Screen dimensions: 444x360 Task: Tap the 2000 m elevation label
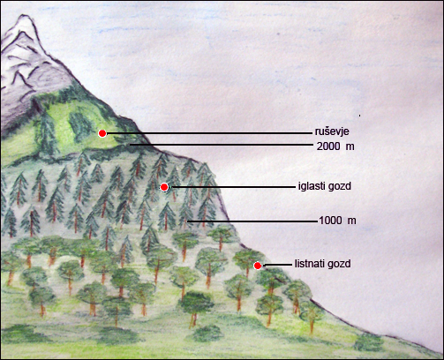[335, 146]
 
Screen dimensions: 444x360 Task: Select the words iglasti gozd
[325, 186]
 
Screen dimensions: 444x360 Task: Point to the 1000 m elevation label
[337, 221]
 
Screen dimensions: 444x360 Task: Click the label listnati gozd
[323, 264]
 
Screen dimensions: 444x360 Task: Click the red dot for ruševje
[102, 133]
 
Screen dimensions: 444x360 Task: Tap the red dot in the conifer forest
[164, 187]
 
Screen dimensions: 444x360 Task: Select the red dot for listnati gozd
[258, 266]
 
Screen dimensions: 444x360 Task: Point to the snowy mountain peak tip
[24, 16]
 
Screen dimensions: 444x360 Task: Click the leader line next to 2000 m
[222, 145]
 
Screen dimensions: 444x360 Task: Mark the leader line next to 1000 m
[253, 221]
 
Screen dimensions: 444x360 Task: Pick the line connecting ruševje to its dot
[209, 133]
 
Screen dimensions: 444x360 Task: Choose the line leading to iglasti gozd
[231, 187]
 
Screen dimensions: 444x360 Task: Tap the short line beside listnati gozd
[277, 265]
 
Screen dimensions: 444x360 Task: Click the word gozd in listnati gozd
[341, 264]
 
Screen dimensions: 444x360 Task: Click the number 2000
[328, 146]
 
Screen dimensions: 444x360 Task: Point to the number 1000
[330, 221]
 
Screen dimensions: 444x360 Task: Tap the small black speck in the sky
[359, 116]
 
